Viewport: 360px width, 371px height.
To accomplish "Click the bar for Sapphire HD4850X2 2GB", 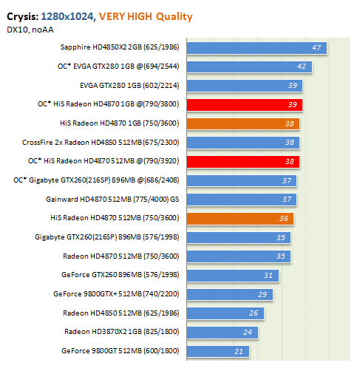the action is point(257,48).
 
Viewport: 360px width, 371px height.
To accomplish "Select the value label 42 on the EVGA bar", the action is point(302,67).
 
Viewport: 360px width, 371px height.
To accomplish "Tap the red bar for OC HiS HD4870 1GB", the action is point(245,105).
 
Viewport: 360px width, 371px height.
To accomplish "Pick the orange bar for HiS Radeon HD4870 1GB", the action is point(243,124).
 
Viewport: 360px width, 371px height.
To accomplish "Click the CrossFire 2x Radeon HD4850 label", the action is point(101,143).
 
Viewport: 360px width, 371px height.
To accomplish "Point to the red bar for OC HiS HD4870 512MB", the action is point(243,162).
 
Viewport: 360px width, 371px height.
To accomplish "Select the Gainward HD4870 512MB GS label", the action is point(112,199).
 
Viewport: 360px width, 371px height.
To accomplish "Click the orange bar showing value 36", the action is point(240,219).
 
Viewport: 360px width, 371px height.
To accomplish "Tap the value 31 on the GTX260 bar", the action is point(268,275).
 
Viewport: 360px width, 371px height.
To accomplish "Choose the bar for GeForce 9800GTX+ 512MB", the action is point(230,294).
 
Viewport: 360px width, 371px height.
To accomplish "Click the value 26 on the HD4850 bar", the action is point(254,313).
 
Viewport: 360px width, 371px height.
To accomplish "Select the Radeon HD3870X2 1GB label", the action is point(122,332).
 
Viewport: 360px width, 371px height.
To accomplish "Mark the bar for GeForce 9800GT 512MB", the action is point(218,351).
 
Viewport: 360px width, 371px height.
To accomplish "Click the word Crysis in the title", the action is point(23,17).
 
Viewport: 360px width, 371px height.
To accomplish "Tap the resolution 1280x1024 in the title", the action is point(68,16).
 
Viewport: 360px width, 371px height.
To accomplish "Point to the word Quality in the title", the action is point(174,17).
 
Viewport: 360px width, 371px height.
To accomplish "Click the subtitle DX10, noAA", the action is point(30,30).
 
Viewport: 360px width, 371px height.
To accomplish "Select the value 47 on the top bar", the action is point(316,47).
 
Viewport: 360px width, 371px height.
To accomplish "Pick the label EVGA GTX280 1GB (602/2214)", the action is point(129,86).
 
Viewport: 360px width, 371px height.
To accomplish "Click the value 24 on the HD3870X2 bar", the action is point(248,333).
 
